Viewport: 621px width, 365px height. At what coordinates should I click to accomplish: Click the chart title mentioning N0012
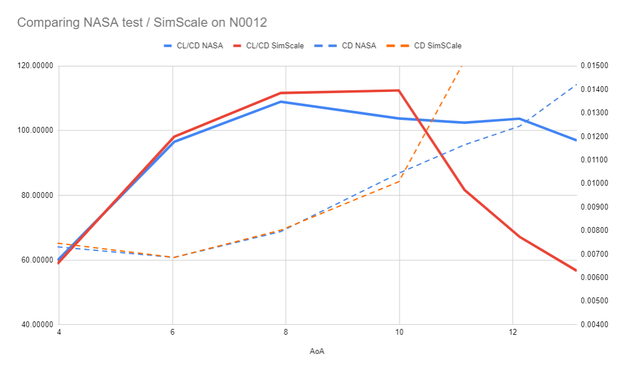pyautogui.click(x=142, y=23)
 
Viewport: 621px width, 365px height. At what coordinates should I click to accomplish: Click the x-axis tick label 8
pyautogui.click(x=285, y=332)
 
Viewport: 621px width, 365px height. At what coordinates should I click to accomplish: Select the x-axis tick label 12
pyautogui.click(x=512, y=332)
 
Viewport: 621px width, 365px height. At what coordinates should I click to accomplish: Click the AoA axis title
pyautogui.click(x=317, y=351)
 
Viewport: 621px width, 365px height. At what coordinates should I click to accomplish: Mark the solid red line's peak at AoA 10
pyautogui.click(x=399, y=90)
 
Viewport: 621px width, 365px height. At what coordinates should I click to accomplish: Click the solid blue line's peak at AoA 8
pyautogui.click(x=281, y=102)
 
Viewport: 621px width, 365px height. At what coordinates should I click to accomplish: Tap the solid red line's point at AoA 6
pyautogui.click(x=173, y=136)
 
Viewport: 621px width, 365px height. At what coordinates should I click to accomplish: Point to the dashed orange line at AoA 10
pyautogui.click(x=399, y=182)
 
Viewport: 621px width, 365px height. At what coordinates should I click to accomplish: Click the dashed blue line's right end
pyautogui.click(x=576, y=84)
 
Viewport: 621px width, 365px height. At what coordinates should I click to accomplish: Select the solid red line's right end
pyautogui.click(x=576, y=271)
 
